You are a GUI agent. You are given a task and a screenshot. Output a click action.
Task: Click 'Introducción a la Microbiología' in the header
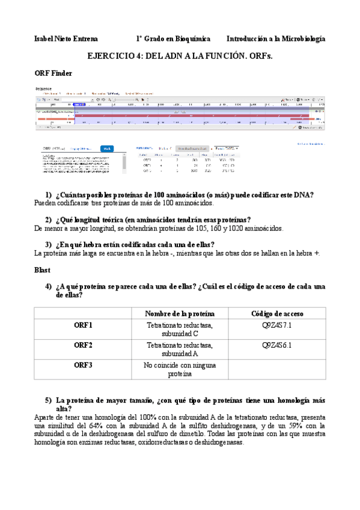(276, 38)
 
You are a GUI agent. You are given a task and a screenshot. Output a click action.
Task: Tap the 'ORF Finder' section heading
(53, 73)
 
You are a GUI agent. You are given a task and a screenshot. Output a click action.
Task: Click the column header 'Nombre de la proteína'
(180, 314)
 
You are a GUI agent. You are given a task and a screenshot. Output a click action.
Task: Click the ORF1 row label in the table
(83, 325)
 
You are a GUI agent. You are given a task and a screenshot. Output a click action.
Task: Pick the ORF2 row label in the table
(83, 345)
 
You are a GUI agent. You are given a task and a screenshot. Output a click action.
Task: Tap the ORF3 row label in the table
(83, 365)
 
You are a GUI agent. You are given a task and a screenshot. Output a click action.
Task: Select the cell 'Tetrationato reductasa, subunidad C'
(180, 330)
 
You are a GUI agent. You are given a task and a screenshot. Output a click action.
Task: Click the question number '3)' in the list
(49, 244)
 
